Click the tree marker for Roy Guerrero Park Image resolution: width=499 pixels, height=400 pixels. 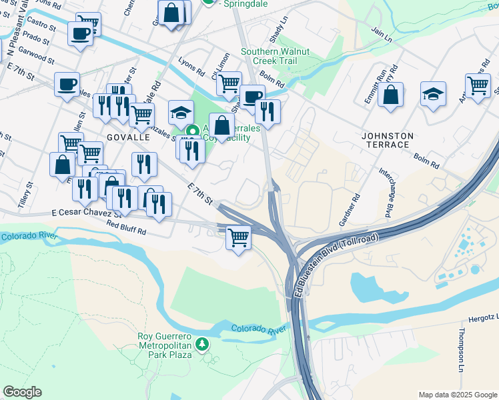[x=202, y=344]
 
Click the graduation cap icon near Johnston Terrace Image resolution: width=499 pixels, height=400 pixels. [x=434, y=94]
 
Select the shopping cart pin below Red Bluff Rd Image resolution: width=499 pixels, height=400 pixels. [x=238, y=237]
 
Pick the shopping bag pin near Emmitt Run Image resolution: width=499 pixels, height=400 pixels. [x=390, y=94]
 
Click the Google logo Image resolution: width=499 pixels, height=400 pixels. [x=23, y=392]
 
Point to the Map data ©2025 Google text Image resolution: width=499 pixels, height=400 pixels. [x=456, y=394]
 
